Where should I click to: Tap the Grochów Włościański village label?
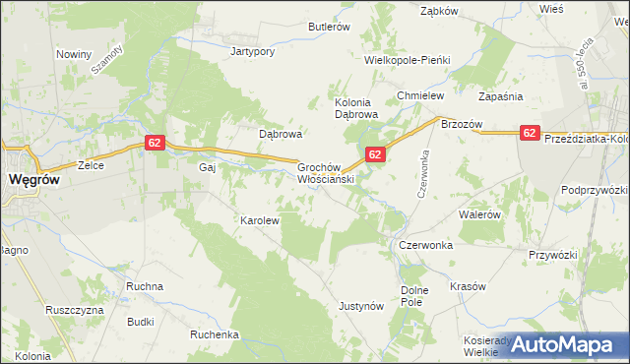click(x=326, y=174)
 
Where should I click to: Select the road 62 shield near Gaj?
click(x=154, y=143)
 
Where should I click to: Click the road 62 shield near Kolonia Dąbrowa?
click(x=374, y=154)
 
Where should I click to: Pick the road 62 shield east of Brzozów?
click(x=530, y=133)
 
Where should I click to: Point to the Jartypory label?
click(x=252, y=51)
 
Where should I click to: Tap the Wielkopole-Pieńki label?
click(x=407, y=60)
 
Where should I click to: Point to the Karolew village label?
click(x=261, y=220)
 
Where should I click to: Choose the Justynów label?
click(x=360, y=306)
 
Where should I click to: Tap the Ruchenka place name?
click(x=216, y=334)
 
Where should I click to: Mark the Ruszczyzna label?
click(x=75, y=309)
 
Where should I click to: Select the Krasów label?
click(x=469, y=286)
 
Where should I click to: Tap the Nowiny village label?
click(x=74, y=54)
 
